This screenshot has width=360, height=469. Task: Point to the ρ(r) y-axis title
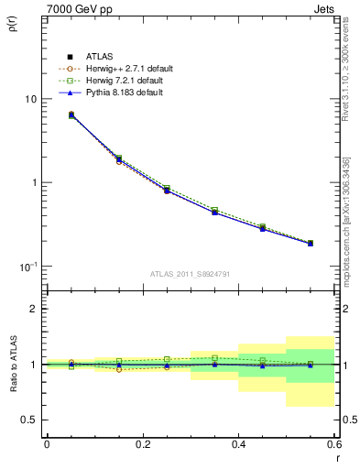click(13, 24)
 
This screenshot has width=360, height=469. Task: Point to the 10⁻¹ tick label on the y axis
click(27, 267)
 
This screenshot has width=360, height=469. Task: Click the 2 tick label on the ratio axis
click(34, 309)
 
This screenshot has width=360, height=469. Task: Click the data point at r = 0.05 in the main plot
click(71, 115)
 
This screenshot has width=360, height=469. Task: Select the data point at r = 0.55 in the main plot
click(311, 244)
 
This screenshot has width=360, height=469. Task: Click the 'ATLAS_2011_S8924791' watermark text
click(190, 275)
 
